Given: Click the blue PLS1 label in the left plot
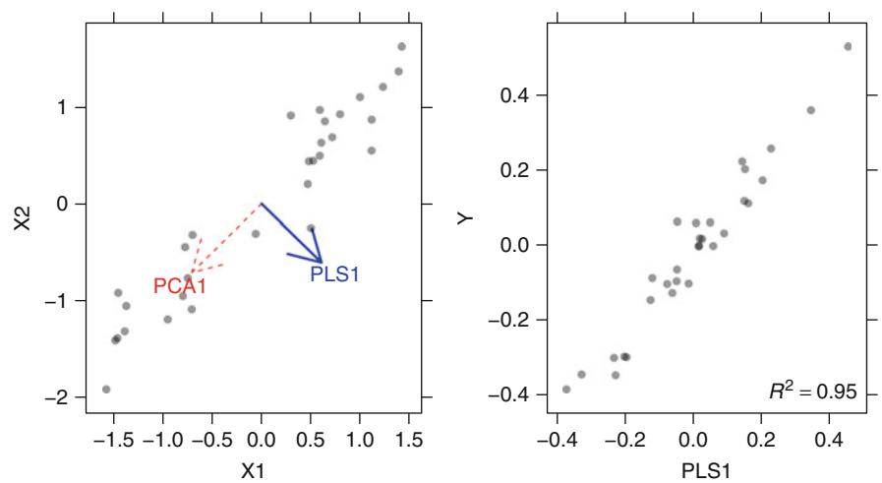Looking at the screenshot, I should [334, 274].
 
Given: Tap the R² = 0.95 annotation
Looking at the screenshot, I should [813, 392].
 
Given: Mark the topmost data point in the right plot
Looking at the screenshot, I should [848, 46].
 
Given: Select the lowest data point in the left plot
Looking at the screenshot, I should [106, 390].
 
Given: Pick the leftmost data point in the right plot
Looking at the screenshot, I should [566, 390].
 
